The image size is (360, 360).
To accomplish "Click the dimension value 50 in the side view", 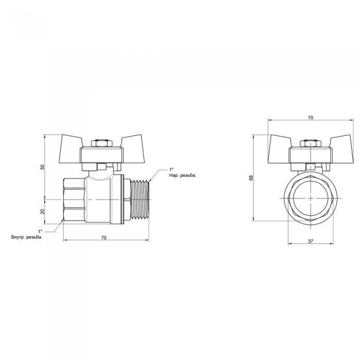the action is pos(42,167).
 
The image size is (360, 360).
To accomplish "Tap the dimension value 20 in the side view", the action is pos(42,211).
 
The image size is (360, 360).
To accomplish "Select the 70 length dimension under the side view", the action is pos(104,238).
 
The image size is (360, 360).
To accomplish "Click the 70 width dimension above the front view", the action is pos(311,118).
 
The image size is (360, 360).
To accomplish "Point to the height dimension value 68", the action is pos(251,177).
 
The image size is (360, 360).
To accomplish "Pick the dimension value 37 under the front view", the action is pos(311,241).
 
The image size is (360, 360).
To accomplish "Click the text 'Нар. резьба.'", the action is pos(183,176).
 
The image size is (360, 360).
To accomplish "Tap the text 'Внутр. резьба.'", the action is pos(27,237).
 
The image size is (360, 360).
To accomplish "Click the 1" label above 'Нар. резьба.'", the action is pos(171,170).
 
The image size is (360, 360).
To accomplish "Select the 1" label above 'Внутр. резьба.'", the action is pos(41,231).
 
